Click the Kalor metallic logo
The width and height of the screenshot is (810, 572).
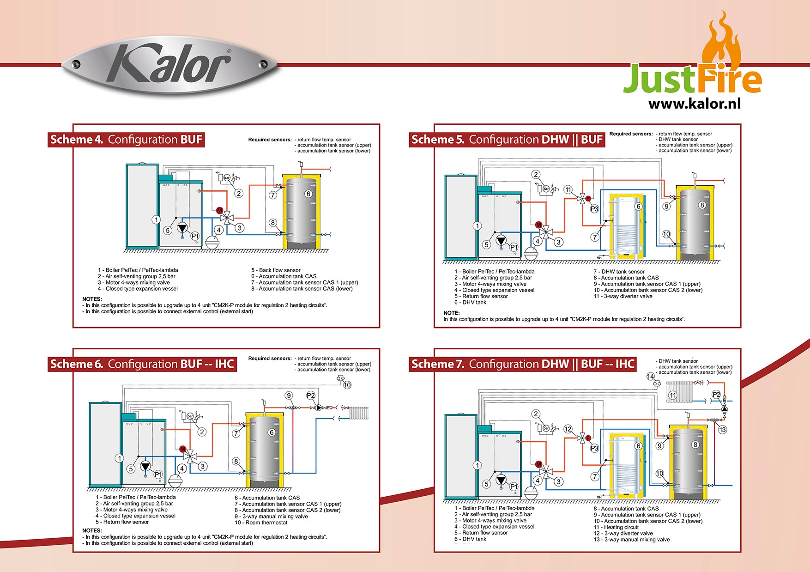click(169, 66)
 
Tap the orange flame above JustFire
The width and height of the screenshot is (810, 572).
click(721, 44)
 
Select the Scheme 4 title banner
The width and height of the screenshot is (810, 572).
click(126, 140)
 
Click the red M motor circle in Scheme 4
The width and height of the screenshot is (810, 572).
click(220, 211)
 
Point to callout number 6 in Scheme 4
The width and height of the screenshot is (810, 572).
click(308, 194)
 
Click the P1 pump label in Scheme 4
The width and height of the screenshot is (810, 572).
click(195, 236)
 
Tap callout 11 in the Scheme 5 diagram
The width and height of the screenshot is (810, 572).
click(568, 189)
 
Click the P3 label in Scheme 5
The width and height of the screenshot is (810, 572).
click(594, 209)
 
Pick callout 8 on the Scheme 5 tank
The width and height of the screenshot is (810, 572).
click(702, 205)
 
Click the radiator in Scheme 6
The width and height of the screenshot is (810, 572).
click(359, 413)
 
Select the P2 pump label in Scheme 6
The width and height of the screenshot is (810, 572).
click(311, 396)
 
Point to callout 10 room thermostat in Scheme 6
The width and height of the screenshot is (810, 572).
click(347, 385)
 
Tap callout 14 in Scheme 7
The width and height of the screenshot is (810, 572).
click(650, 377)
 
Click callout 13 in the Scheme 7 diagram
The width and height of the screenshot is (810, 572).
click(722, 430)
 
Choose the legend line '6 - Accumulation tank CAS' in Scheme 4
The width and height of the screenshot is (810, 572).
click(284, 276)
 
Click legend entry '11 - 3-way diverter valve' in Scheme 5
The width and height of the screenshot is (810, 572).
click(623, 296)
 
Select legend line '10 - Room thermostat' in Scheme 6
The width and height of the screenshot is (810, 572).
click(261, 523)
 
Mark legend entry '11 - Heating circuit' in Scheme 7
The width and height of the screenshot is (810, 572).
click(616, 527)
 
